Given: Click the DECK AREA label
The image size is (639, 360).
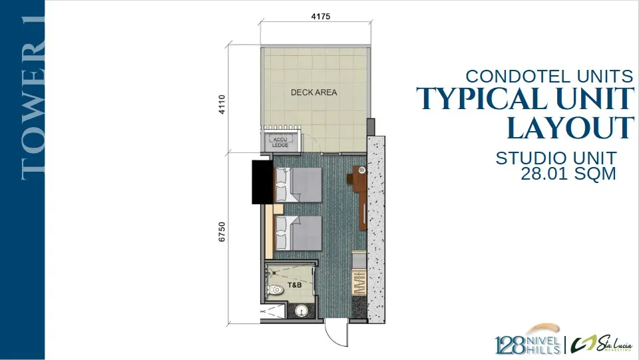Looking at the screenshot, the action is (x=314, y=92).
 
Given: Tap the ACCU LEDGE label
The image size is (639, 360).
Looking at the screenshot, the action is (x=280, y=142).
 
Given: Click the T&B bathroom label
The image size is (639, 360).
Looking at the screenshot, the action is (x=295, y=285).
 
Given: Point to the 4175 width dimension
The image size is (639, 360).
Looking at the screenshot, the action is (x=321, y=17).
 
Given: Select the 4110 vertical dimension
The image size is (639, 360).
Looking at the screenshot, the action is (x=222, y=104).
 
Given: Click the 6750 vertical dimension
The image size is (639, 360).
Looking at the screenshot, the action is (x=222, y=232).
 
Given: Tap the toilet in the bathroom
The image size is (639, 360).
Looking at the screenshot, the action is (x=275, y=290).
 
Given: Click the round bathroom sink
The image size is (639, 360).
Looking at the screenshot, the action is (x=301, y=311).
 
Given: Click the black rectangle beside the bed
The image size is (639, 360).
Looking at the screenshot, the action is (x=262, y=182).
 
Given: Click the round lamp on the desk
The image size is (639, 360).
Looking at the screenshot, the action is (x=361, y=170).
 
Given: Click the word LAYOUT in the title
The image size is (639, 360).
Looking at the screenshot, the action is (x=570, y=128).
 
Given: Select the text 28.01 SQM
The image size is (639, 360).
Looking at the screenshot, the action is (x=568, y=174).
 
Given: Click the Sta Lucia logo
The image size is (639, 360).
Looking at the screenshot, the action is (x=601, y=344).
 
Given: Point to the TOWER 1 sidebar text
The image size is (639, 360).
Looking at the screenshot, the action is (x=33, y=98).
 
